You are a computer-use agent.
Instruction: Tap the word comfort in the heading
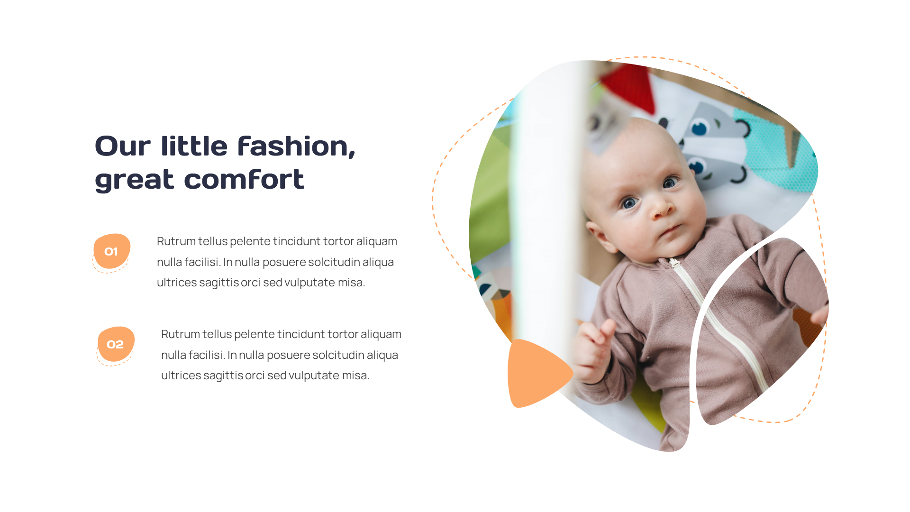coord(244,179)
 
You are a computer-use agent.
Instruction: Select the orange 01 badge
coord(111,251)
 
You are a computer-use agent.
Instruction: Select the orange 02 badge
coord(115,344)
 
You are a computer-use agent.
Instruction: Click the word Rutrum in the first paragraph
coord(176,241)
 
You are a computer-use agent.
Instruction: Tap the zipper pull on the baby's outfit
coord(673,262)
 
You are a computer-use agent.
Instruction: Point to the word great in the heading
coord(135,180)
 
